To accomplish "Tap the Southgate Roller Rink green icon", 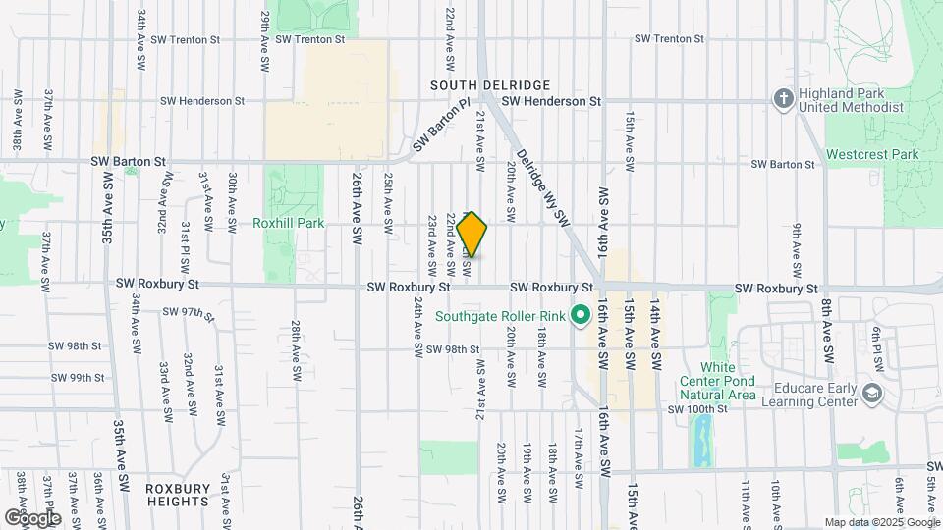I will pyautogui.click(x=580, y=316).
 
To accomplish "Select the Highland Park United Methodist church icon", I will pyautogui.click(x=783, y=98).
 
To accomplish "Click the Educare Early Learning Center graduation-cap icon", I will pyautogui.click(x=870, y=394).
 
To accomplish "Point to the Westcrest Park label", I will pyautogui.click(x=871, y=154).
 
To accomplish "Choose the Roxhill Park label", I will pyautogui.click(x=288, y=223).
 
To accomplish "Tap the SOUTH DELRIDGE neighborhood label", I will pyautogui.click(x=489, y=85).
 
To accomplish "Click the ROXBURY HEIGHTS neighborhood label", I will pyautogui.click(x=177, y=494).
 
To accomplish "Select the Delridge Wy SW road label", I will pyautogui.click(x=542, y=185).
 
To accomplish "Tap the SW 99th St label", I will pyautogui.click(x=79, y=377).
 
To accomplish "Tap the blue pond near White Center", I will pyautogui.click(x=702, y=440).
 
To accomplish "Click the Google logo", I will pyautogui.click(x=32, y=517).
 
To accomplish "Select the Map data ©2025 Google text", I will pyautogui.click(x=881, y=522).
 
